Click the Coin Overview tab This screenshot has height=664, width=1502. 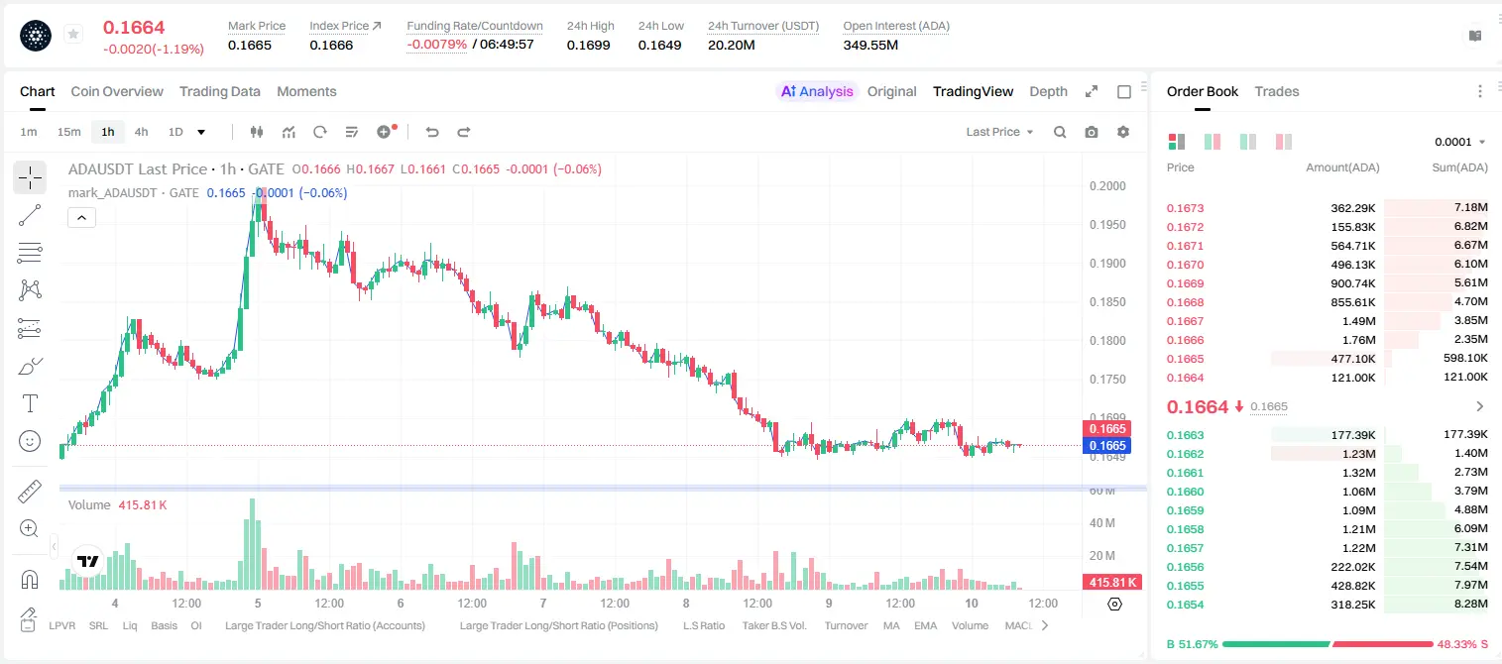(x=117, y=91)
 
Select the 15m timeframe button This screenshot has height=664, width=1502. (x=69, y=132)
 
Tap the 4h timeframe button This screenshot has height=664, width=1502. (x=141, y=132)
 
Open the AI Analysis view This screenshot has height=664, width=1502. (x=817, y=91)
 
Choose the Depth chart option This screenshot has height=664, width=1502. (x=1048, y=91)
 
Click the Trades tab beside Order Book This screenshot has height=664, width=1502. (x=1277, y=91)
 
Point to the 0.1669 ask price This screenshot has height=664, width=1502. (x=1185, y=283)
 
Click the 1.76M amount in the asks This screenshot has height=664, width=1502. (x=1358, y=340)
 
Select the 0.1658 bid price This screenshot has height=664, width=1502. (x=1185, y=529)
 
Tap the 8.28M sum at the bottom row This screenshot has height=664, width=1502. (x=1470, y=604)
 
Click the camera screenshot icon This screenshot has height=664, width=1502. (x=1092, y=132)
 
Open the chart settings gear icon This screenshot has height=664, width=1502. (x=1123, y=132)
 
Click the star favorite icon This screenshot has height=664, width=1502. (x=73, y=34)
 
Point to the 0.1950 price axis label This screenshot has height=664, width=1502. (x=1107, y=224)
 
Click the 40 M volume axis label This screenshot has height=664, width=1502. (x=1102, y=522)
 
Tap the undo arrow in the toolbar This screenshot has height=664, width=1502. (x=432, y=132)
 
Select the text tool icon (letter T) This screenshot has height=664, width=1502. (x=30, y=403)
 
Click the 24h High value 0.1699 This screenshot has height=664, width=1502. (x=588, y=45)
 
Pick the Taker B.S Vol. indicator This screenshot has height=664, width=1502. (x=773, y=625)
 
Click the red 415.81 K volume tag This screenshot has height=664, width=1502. (x=1112, y=583)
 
